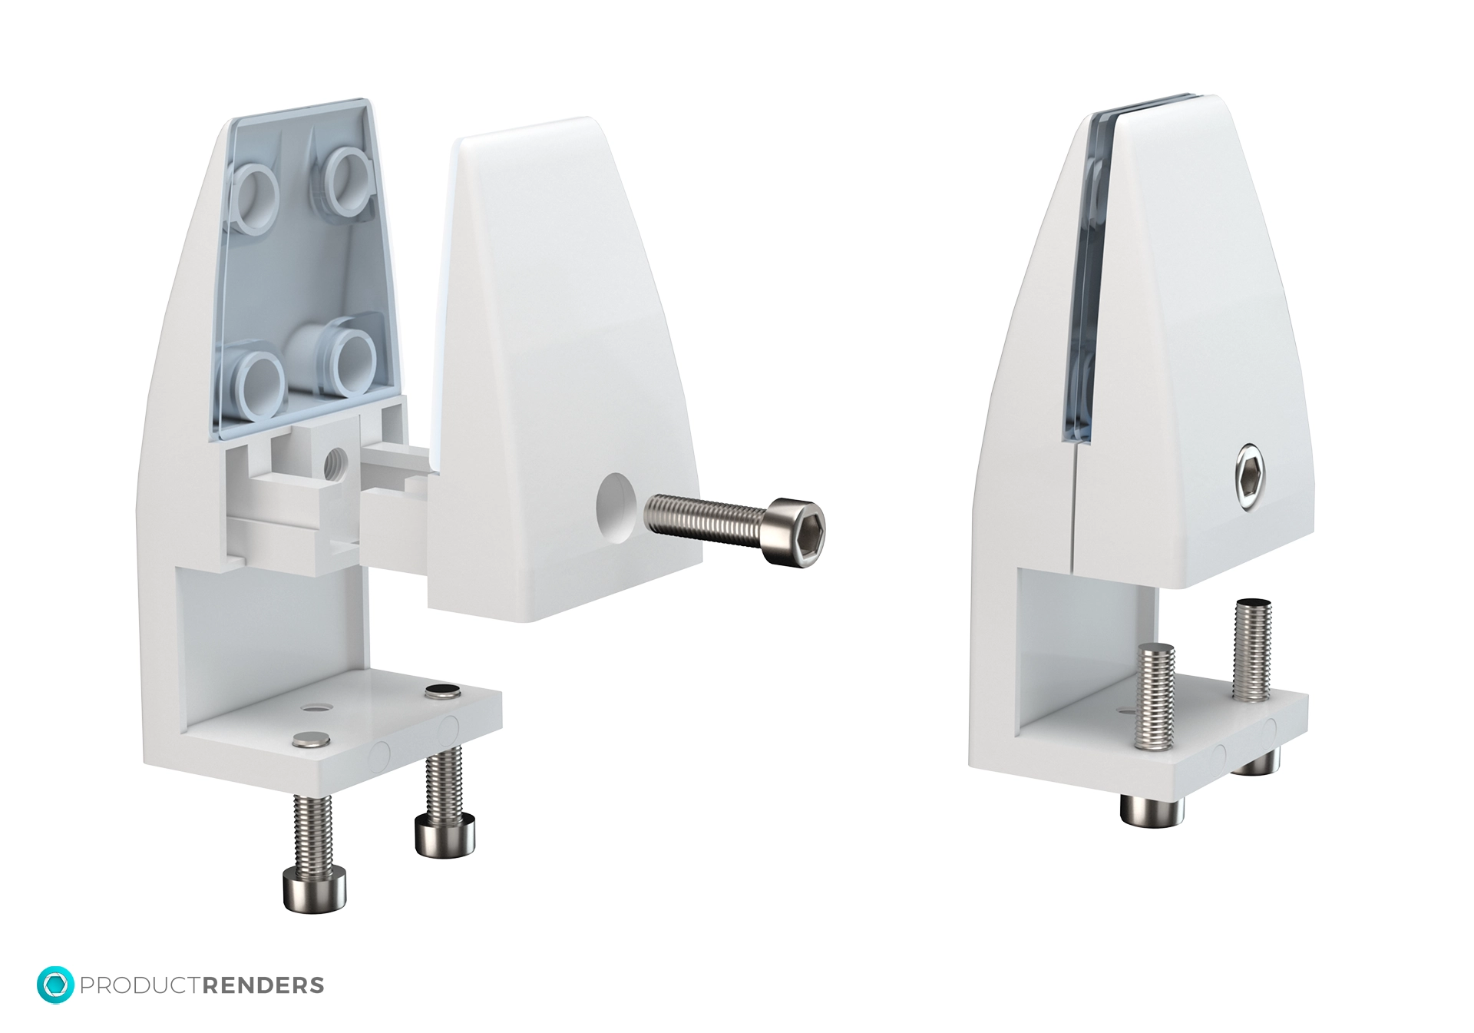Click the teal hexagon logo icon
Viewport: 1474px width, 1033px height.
coord(55,985)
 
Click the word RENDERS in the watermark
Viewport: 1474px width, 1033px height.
coord(263,985)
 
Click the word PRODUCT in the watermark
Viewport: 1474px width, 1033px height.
coord(140,985)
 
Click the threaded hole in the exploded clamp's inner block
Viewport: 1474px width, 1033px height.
coord(336,464)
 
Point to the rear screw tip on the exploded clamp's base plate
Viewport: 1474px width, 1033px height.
coord(443,690)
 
